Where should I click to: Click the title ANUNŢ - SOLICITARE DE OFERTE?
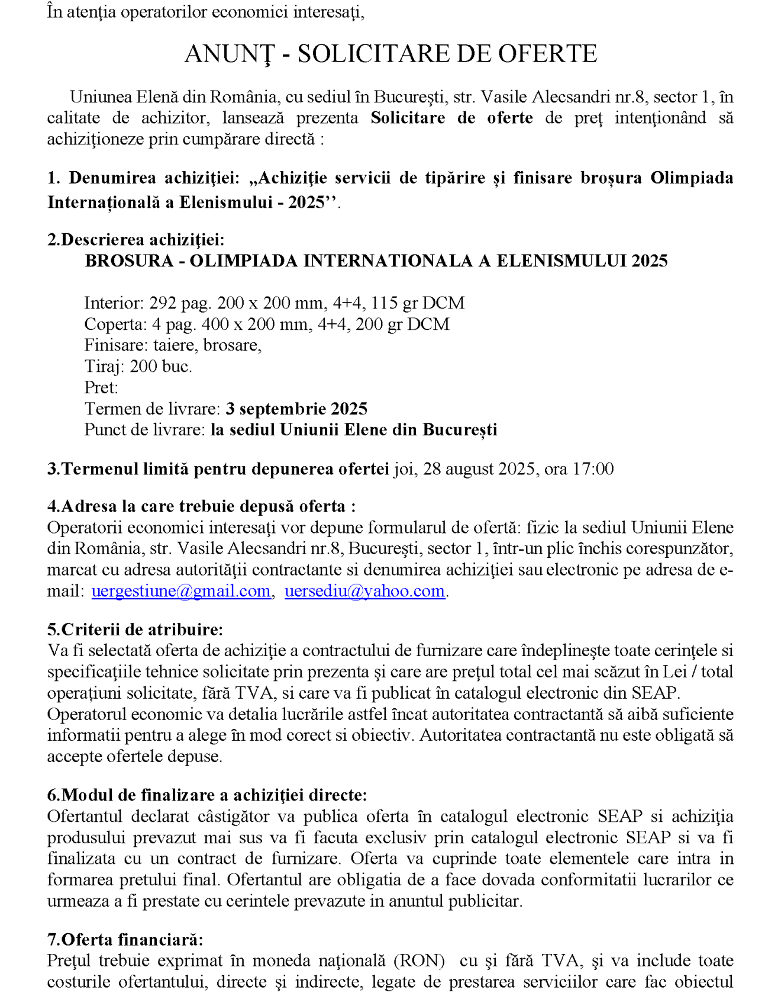390,54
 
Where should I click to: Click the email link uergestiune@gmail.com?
181,591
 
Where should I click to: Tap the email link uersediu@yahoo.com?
364,591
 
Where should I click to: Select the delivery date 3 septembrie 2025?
296,409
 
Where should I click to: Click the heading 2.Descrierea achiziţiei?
136,240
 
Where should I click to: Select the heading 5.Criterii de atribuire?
135,629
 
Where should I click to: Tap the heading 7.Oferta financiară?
125,939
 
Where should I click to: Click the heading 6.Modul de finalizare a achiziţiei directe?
207,795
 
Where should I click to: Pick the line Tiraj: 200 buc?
138,366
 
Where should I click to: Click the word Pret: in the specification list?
101,387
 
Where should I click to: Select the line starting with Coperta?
266,324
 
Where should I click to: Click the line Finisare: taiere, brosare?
173,345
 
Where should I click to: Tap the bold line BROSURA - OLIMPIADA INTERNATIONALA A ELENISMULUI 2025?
376,261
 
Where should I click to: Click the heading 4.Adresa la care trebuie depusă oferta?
201,506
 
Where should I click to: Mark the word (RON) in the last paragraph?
419,960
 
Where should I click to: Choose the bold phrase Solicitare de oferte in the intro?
451,118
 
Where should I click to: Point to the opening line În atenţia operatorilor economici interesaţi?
206,12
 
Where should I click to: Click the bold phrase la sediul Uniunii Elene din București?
354,430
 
